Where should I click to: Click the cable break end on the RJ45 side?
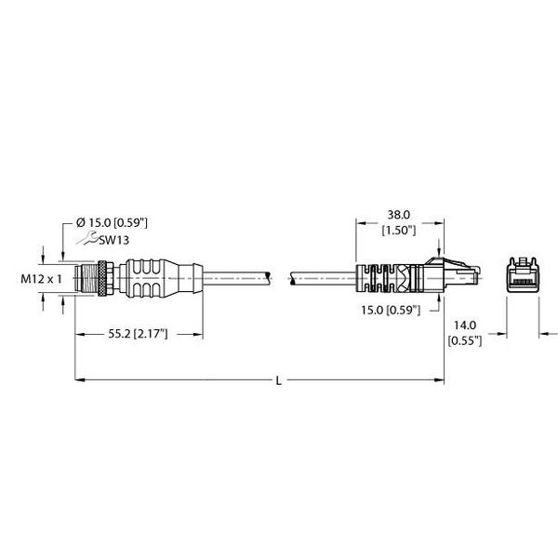point(292,278)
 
